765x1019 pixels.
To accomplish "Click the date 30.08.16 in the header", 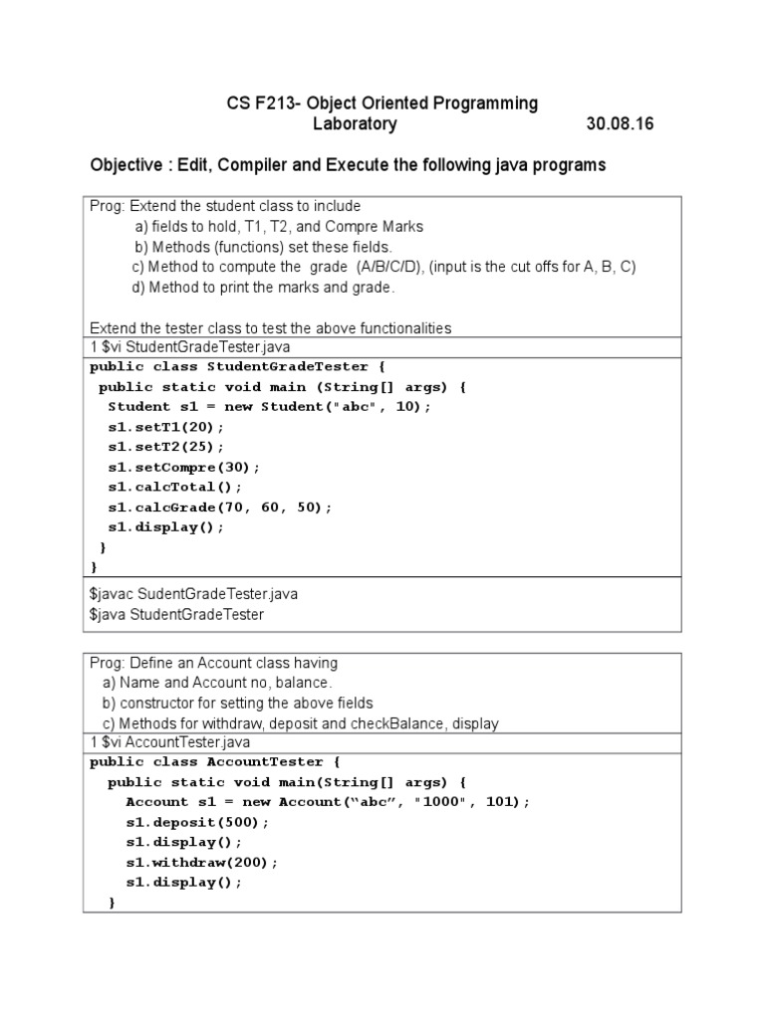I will [x=621, y=124].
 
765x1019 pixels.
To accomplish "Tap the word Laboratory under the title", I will [x=356, y=124].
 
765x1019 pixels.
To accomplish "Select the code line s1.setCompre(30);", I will [x=184, y=467].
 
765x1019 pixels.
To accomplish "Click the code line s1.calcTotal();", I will [x=175, y=488].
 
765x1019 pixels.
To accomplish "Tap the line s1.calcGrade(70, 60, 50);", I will [x=220, y=508].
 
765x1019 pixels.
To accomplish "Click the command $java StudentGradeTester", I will [x=176, y=614].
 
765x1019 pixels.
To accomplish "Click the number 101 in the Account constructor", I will [x=505, y=802].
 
